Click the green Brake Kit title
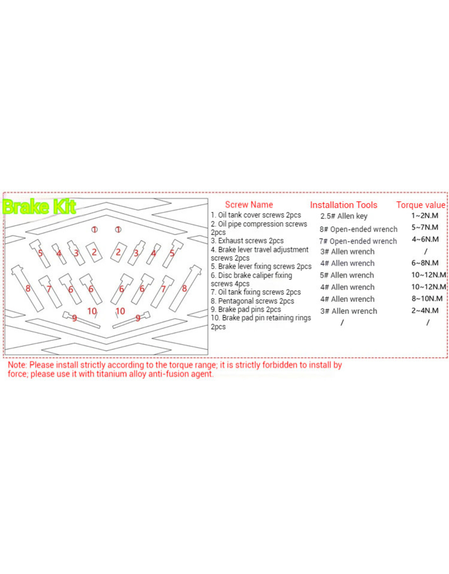[x=39, y=207]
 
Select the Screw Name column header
[x=249, y=205]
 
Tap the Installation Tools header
[x=343, y=205]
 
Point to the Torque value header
[x=420, y=205]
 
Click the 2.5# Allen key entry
[x=344, y=216]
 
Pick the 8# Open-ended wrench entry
[x=358, y=229]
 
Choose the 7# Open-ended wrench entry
[x=358, y=241]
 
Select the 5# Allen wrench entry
[x=347, y=275]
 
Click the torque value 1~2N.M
[x=425, y=216]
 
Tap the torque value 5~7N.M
[x=425, y=227]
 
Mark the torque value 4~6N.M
[x=425, y=239]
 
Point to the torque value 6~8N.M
[x=425, y=263]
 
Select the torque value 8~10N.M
[x=427, y=298]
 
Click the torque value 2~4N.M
[x=425, y=311]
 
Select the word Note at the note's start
[x=17, y=365]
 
